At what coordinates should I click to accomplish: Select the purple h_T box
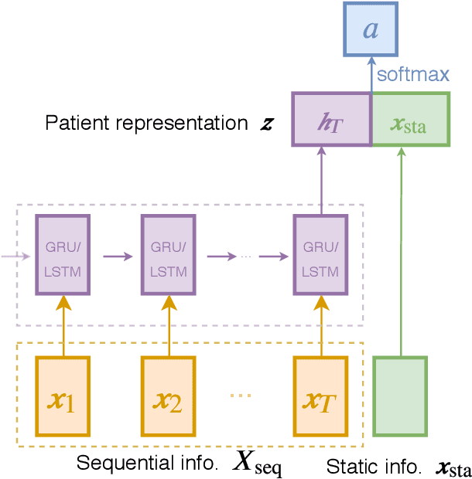(331, 119)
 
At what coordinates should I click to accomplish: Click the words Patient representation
(145, 123)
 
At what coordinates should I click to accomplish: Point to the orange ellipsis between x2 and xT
(241, 396)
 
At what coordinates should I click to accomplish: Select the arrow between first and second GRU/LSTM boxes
(116, 252)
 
